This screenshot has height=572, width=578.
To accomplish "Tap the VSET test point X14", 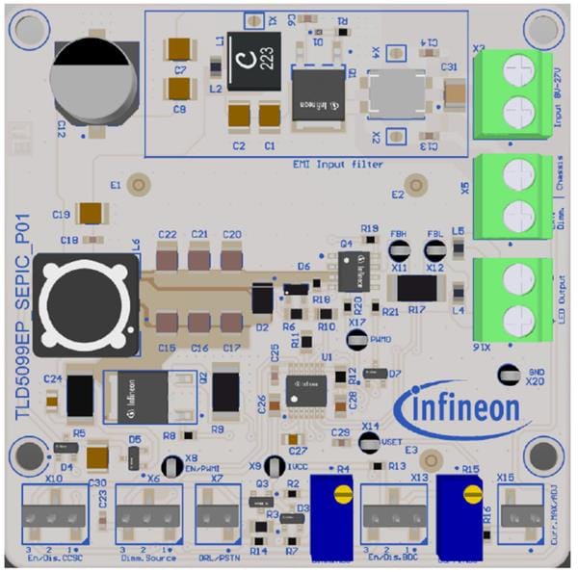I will [369, 442].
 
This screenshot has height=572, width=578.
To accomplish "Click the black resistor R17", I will [417, 287].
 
